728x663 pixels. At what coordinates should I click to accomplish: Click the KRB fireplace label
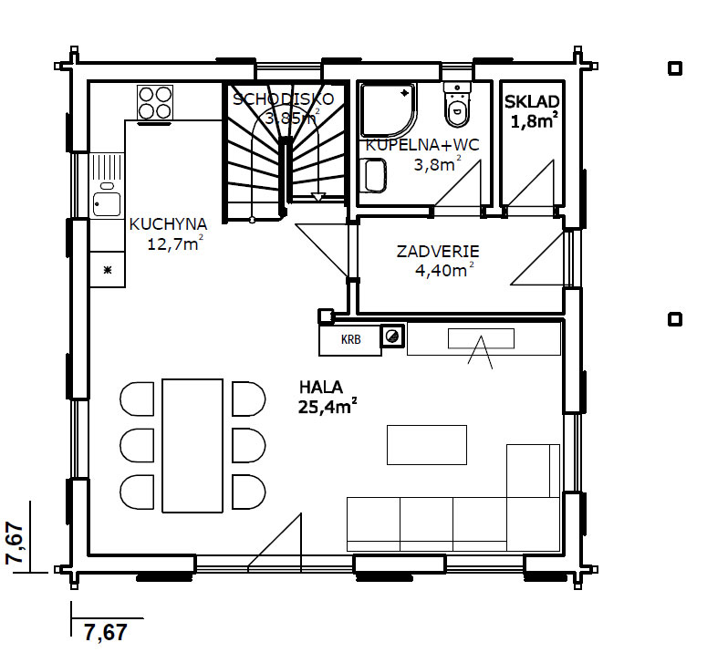coord(350,340)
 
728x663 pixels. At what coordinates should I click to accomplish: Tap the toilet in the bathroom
coord(457,105)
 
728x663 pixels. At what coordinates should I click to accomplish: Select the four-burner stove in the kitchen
coord(155,102)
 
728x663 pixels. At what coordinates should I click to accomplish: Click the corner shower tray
coord(389,110)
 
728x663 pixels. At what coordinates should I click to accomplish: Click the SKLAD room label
coord(532,101)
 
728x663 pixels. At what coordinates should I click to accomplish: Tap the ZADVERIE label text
coord(438,252)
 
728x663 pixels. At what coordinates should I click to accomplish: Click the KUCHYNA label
coord(168,224)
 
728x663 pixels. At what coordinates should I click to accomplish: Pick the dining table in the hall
coord(192,446)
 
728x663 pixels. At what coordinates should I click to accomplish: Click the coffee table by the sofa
coord(427,445)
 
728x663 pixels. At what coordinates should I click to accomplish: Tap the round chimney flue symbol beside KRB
coord(392,337)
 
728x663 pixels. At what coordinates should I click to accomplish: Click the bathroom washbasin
coord(374,175)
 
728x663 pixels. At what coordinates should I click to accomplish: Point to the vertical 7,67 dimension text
coord(15,544)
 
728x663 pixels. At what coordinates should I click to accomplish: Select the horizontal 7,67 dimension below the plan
coord(106,633)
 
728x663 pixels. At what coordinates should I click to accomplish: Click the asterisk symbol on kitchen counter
coord(108,270)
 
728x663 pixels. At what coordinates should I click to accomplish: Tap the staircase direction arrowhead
coord(317,197)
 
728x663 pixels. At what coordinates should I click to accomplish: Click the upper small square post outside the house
coord(674,68)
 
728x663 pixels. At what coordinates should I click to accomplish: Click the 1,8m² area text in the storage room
coord(534,120)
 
